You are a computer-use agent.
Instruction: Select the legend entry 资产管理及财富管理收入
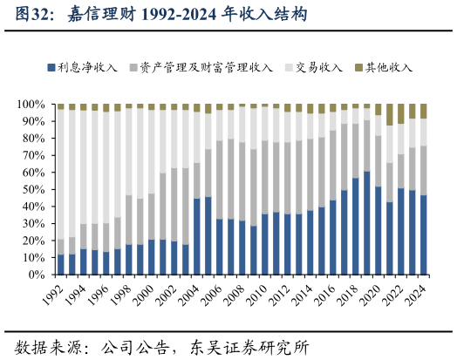(x=206, y=67)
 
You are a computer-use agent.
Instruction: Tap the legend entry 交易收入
(x=318, y=67)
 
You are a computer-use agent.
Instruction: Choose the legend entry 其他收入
(x=388, y=67)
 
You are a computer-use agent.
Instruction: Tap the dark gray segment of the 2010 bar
(x=264, y=178)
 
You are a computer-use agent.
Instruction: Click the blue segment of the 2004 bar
(x=196, y=236)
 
